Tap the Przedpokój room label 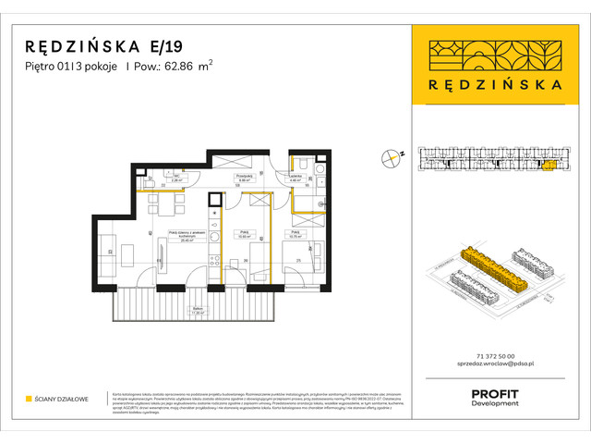tap(244, 175)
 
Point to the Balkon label tap(196, 309)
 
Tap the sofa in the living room tap(110, 247)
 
